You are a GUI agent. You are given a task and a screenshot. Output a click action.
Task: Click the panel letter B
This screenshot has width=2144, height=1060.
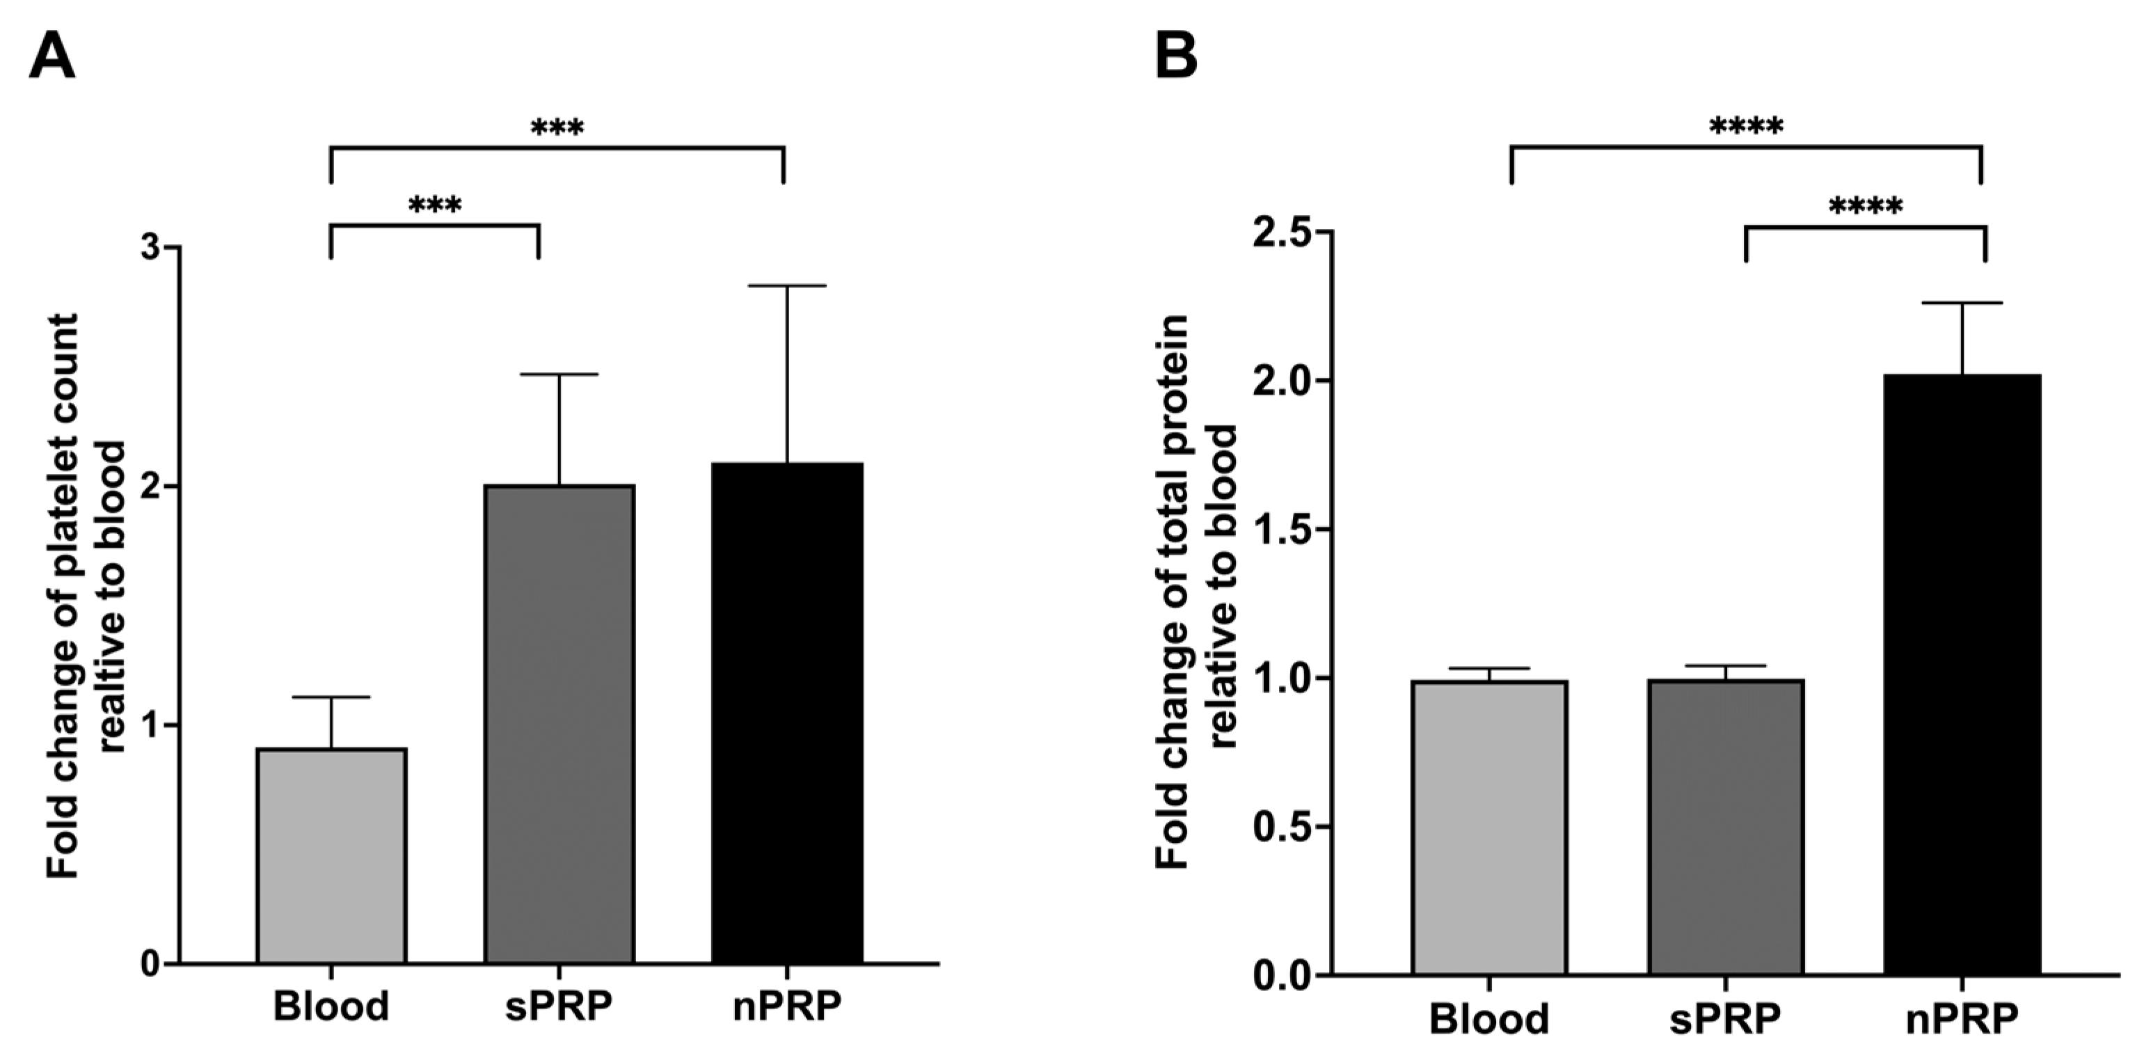(x=1176, y=55)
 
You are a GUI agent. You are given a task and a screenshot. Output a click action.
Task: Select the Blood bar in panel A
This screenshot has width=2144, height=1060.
(x=331, y=856)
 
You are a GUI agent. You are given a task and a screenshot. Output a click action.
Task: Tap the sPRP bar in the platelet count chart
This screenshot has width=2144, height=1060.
(x=559, y=725)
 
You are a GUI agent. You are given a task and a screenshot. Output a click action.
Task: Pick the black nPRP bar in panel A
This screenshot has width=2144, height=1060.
(x=786, y=713)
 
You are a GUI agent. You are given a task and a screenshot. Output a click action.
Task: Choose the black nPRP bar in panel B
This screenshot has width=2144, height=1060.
(x=1962, y=674)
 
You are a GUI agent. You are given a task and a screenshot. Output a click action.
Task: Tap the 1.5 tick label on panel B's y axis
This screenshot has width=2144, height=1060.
(x=1282, y=529)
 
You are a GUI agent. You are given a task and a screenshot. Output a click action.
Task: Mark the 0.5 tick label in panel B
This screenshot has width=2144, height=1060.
(x=1282, y=827)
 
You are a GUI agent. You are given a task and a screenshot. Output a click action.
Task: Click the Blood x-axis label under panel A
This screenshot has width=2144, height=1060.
(x=331, y=1005)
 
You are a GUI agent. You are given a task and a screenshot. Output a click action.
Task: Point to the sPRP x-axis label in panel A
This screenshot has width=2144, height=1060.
(x=559, y=1005)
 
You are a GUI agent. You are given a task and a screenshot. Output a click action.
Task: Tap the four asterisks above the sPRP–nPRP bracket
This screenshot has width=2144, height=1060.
(x=1865, y=205)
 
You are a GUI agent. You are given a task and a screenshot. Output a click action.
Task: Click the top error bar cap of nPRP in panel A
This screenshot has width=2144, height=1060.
(x=786, y=285)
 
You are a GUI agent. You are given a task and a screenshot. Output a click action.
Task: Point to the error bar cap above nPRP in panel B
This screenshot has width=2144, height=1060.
(x=1962, y=303)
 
